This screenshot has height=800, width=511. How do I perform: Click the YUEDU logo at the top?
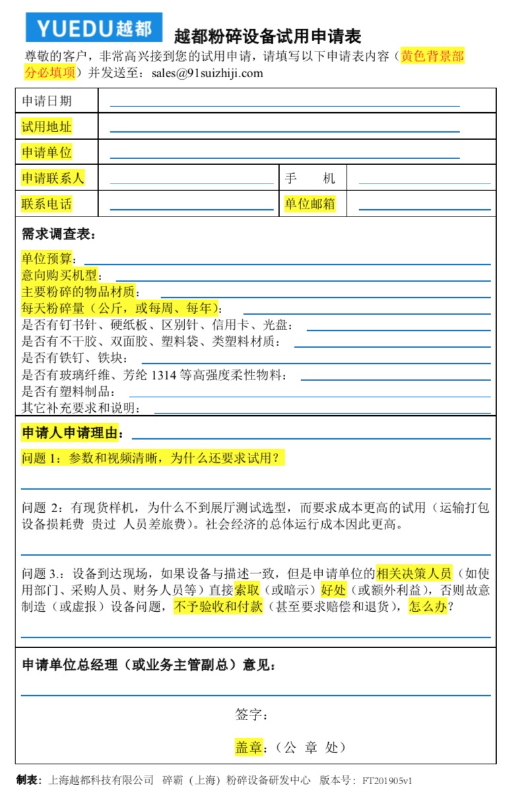(94, 27)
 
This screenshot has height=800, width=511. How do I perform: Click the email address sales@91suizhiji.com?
(207, 73)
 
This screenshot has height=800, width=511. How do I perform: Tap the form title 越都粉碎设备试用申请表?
(267, 36)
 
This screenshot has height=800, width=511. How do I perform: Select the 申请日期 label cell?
(47, 101)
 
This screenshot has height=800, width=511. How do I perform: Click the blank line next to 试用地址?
(285, 131)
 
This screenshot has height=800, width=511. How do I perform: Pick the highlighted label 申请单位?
(47, 152)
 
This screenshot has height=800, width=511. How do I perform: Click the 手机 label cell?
(310, 178)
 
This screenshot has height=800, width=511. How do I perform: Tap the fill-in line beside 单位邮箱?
(425, 209)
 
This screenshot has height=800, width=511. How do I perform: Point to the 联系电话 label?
(47, 204)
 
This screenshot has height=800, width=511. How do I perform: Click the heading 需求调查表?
(59, 234)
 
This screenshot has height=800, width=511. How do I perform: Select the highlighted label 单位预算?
(50, 259)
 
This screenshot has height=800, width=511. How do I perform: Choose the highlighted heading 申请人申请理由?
(73, 433)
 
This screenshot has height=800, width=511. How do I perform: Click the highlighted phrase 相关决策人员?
(414, 572)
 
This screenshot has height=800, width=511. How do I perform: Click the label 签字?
(251, 715)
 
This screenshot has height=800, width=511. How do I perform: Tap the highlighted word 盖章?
(249, 747)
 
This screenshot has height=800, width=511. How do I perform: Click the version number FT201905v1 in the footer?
(387, 780)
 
